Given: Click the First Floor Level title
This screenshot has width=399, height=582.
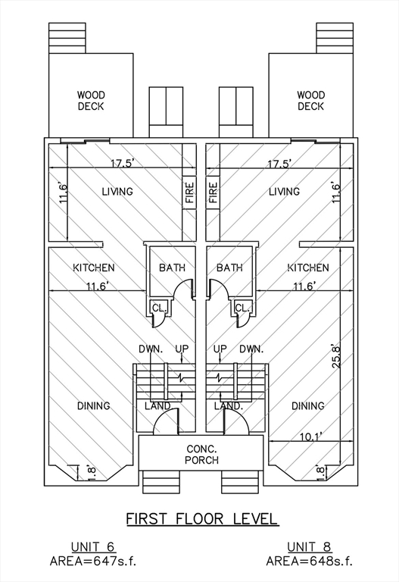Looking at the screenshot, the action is click(202, 518).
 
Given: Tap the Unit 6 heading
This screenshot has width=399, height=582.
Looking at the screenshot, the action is click(93, 547).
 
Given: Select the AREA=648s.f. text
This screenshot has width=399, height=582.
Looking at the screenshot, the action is click(309, 561).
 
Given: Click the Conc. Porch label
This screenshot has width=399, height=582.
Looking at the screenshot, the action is click(202, 455).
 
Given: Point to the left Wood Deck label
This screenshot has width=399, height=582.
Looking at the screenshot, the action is click(91, 101).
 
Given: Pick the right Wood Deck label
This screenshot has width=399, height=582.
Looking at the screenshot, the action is click(310, 101).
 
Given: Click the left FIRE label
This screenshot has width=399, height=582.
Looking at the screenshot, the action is click(189, 192).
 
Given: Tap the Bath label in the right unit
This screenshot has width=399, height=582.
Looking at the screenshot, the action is click(229, 268).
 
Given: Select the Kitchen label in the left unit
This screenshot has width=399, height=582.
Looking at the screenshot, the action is click(94, 268).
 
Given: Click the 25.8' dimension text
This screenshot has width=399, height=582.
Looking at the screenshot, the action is click(337, 355).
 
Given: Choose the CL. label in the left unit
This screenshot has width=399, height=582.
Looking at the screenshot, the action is click(160, 308).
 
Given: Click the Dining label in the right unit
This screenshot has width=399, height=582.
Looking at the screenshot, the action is click(308, 405).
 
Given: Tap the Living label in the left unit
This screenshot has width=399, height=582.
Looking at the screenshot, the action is click(117, 192).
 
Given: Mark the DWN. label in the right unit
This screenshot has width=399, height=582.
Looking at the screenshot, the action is click(252, 349).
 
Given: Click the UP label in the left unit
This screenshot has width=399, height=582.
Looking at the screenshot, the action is click(182, 349).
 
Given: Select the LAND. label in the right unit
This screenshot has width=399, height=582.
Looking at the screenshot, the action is click(229, 406).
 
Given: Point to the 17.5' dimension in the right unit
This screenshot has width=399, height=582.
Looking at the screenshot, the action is click(279, 164).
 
